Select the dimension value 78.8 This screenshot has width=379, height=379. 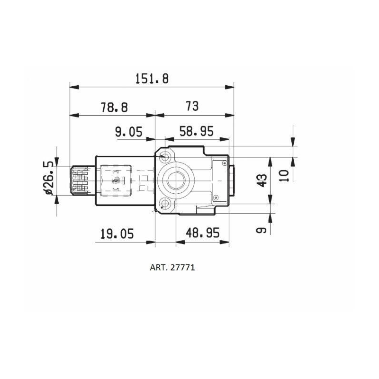point(114,107)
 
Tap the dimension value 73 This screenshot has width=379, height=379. point(192,106)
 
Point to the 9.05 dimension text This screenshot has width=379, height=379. point(128,132)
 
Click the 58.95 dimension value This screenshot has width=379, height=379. point(196,132)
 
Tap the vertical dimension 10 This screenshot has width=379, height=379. point(283,176)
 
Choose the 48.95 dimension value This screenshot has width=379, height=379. point(203,234)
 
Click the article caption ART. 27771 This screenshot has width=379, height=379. point(172,267)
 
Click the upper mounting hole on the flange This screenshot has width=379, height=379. point(165,156)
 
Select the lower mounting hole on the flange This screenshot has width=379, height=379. point(165,205)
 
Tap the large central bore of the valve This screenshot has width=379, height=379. point(176,180)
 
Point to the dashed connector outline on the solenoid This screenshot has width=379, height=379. point(115,180)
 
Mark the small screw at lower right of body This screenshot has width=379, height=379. point(216,197)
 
